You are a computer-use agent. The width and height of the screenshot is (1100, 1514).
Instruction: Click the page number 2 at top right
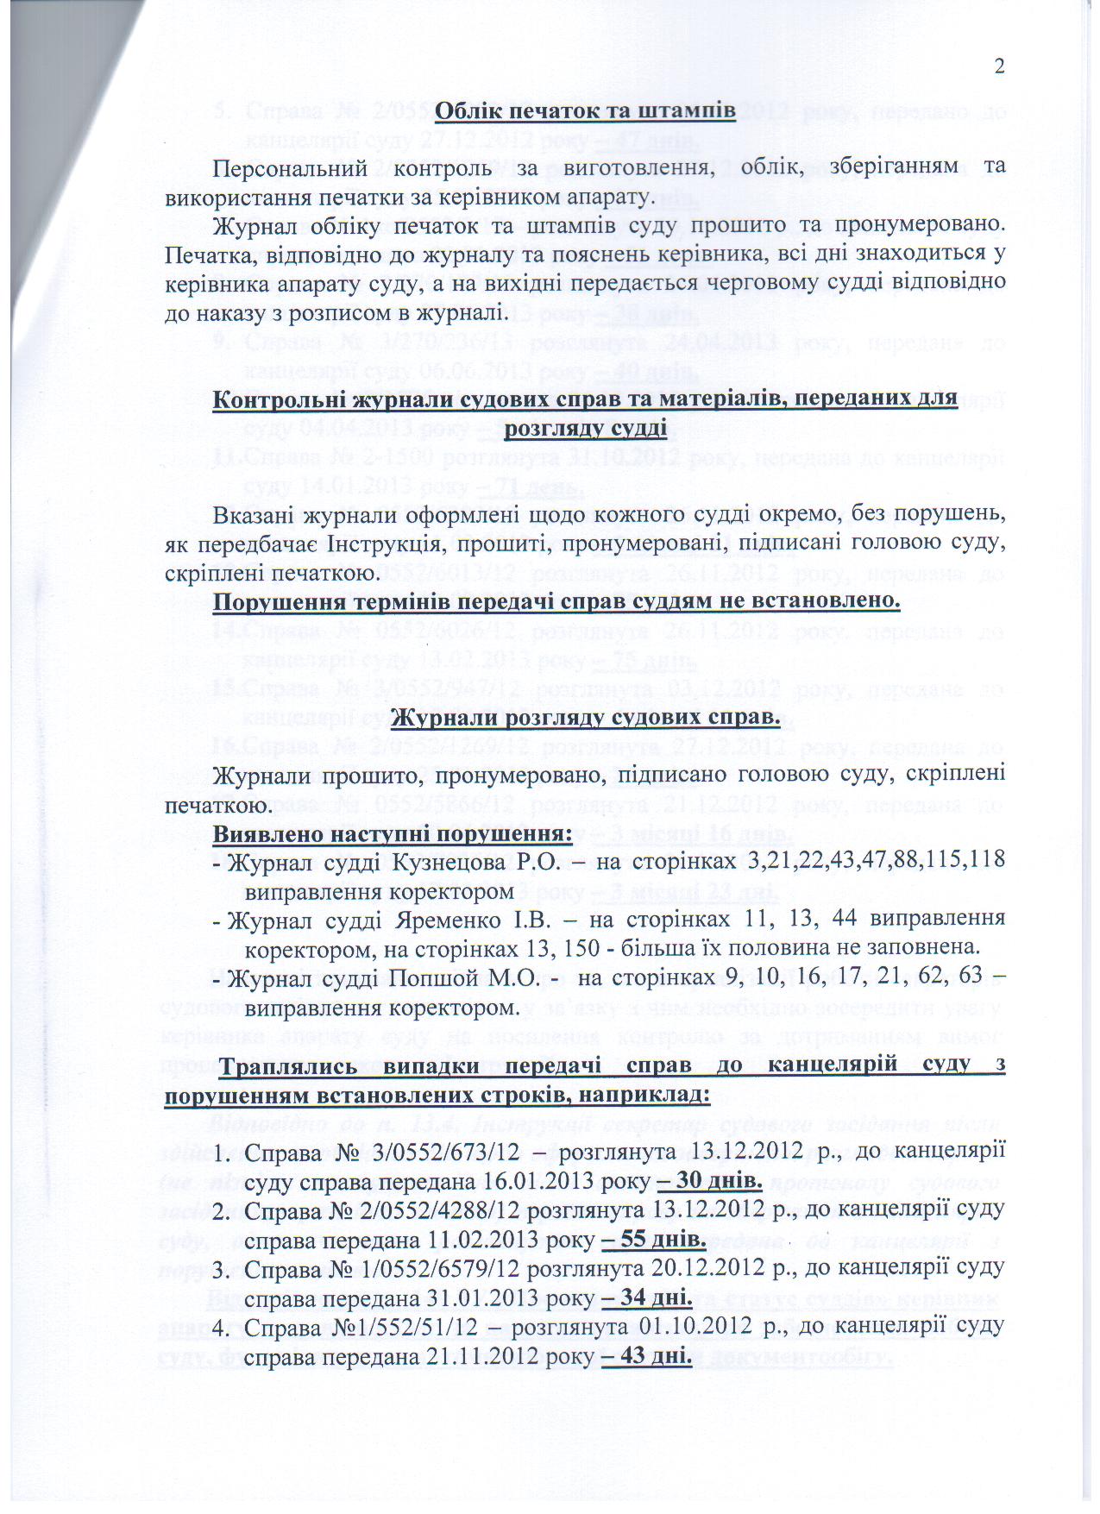click(1000, 67)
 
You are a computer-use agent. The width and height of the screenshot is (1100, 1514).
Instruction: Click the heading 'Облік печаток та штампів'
click(584, 111)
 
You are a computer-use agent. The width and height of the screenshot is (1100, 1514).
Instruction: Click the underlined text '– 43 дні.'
click(644, 1356)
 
